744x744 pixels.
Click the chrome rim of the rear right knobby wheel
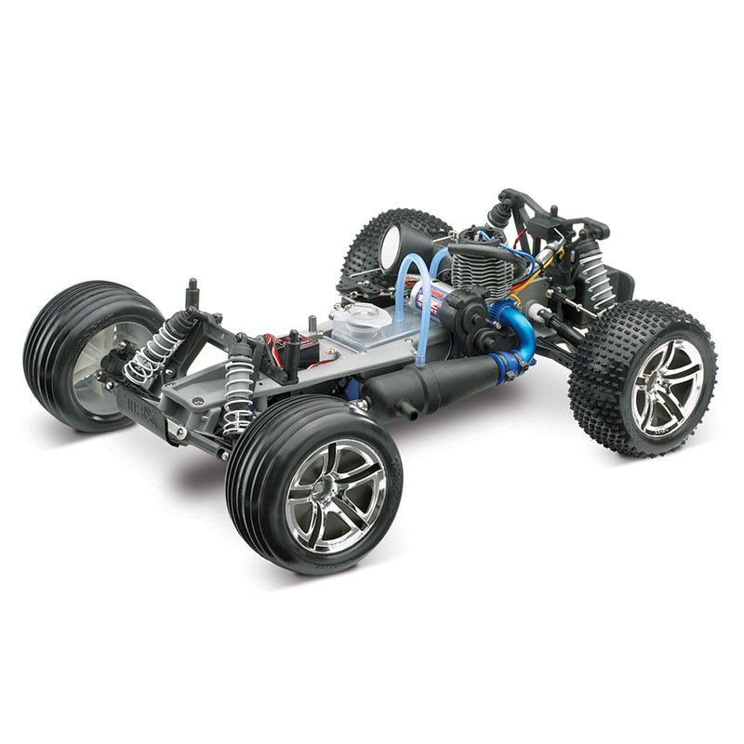pos(666,387)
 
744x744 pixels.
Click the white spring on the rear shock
pos(593,274)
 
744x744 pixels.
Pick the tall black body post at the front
pos(193,296)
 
